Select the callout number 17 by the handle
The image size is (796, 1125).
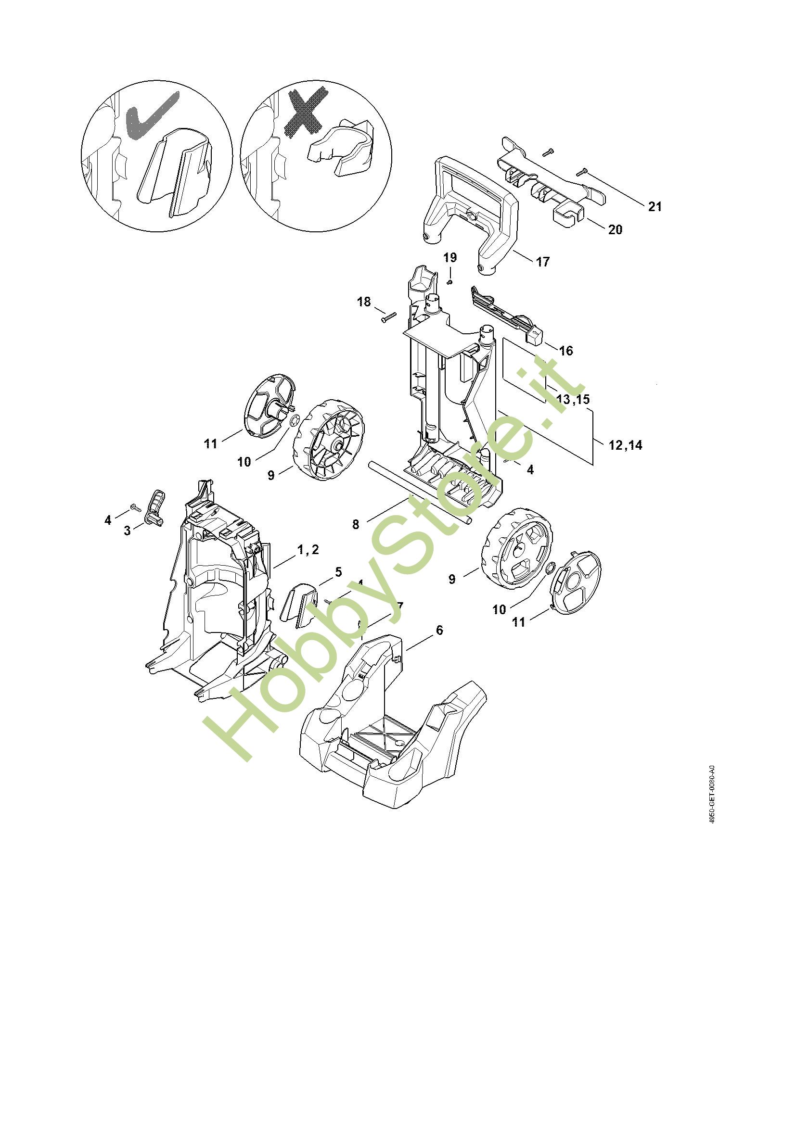coord(542,262)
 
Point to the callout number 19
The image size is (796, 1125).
coord(450,258)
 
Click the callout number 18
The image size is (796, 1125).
coord(364,302)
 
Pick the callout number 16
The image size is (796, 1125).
coord(565,350)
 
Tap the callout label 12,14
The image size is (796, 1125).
coord(625,445)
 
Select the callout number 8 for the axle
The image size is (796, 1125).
coord(356,524)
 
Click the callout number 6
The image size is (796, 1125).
coord(439,630)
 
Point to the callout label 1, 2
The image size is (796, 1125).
coord(308,550)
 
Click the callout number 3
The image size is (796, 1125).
coord(128,530)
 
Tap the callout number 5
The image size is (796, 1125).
coord(338,572)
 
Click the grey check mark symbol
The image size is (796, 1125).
coord(152,115)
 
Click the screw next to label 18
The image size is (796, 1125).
coord(388,318)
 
